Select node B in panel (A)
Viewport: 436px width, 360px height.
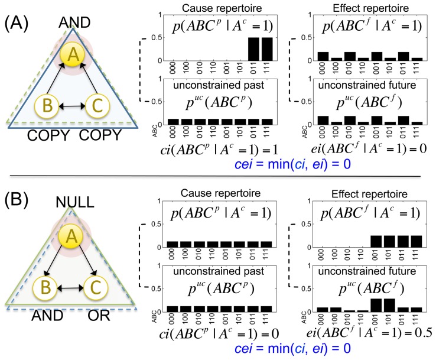(47, 106)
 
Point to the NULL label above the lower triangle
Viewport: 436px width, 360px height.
(75, 202)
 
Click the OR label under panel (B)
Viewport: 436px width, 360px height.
(99, 316)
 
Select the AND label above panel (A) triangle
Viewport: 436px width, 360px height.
(74, 22)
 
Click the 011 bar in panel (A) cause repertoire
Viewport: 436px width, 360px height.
(253, 49)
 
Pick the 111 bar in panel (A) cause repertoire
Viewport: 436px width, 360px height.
(267, 49)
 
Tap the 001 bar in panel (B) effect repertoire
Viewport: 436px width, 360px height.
(376, 241)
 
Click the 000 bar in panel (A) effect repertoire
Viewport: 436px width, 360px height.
(323, 56)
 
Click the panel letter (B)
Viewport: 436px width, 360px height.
(17, 200)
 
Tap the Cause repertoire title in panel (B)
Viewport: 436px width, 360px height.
(220, 193)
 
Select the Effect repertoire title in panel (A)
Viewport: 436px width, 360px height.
(370, 8)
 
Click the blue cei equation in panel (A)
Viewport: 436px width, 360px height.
(292, 164)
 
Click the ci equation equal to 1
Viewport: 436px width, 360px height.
(219, 150)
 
